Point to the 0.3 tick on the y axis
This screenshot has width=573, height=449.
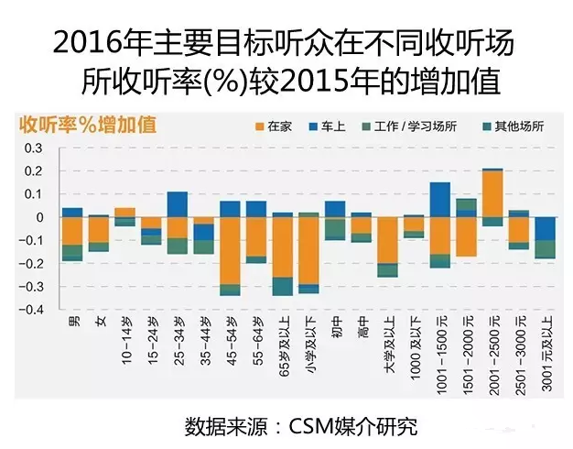coord(33,148)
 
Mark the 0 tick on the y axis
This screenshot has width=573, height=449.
coord(38,217)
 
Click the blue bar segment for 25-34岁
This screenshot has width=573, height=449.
coord(178,203)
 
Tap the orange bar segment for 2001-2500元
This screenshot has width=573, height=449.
coord(493,193)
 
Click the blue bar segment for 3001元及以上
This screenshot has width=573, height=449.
coord(546,228)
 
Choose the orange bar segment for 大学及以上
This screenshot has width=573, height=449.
coord(388,240)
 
